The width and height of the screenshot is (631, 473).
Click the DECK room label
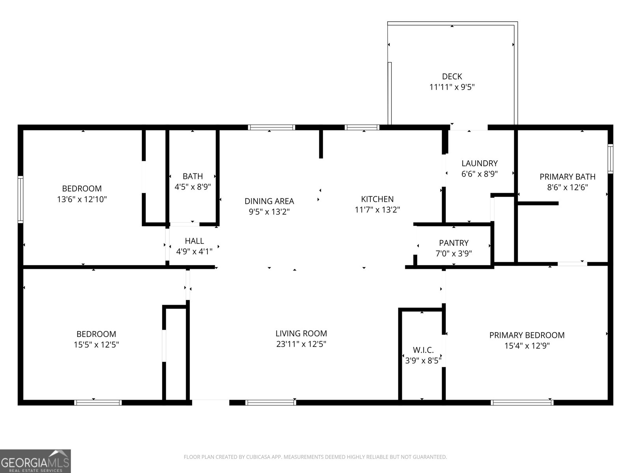[452, 76]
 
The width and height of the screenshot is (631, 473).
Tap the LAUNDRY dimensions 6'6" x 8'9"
[480, 174]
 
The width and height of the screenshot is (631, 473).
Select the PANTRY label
[454, 243]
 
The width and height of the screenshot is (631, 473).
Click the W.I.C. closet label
[423, 350]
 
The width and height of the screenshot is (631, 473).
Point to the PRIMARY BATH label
[567, 177]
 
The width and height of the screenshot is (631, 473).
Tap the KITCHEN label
[377, 199]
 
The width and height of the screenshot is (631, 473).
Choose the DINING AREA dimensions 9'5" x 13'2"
[269, 212]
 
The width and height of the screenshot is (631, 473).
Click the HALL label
[194, 241]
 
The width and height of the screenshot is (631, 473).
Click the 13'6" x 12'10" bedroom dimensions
[82, 199]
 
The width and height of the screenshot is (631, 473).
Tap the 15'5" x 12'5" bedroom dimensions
[96, 345]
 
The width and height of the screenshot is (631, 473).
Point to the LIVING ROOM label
[301, 333]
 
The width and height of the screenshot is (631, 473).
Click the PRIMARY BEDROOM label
[526, 335]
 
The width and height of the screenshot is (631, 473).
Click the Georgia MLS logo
[35, 461]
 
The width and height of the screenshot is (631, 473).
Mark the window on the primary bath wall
[610, 158]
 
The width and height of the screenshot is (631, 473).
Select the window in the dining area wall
[271, 127]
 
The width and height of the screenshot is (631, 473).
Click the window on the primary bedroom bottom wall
[522, 402]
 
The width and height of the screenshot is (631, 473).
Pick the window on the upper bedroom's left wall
[21, 199]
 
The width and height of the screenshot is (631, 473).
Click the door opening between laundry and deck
[469, 127]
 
